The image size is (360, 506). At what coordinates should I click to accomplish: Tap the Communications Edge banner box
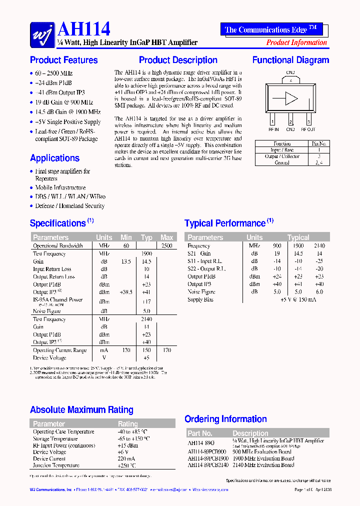(271, 29)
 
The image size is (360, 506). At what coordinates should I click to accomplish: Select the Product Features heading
(64, 60)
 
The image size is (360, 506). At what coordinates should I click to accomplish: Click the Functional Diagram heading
(290, 60)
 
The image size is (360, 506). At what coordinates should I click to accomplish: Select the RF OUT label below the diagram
(308, 129)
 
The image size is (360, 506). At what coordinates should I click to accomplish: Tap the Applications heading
(54, 158)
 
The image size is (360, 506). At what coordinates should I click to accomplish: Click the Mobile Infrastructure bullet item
(60, 187)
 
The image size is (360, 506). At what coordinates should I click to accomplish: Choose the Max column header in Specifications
(166, 237)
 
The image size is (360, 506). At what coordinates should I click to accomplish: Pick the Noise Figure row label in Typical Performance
(201, 291)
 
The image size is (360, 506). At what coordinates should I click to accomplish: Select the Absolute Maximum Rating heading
(81, 410)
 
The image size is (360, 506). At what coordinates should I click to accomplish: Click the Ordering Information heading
(225, 419)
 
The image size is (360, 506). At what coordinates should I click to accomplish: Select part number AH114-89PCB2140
(208, 465)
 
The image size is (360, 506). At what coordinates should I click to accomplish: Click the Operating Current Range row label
(59, 350)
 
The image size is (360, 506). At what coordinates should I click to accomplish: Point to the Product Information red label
(296, 42)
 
